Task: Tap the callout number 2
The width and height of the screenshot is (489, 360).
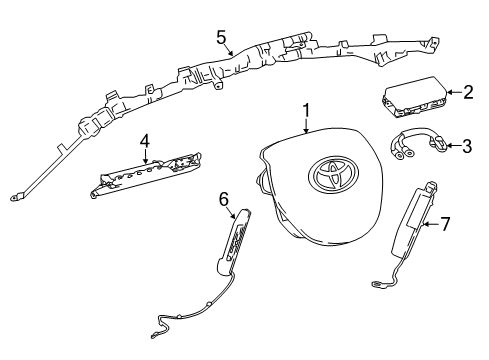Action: tap(467, 92)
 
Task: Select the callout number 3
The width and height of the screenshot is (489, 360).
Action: tap(467, 147)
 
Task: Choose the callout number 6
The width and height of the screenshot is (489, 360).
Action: tap(225, 199)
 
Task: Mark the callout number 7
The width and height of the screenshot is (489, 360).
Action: tap(446, 224)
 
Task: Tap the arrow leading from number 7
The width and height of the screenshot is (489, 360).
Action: tap(431, 224)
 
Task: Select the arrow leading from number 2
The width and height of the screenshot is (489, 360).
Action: tap(454, 93)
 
